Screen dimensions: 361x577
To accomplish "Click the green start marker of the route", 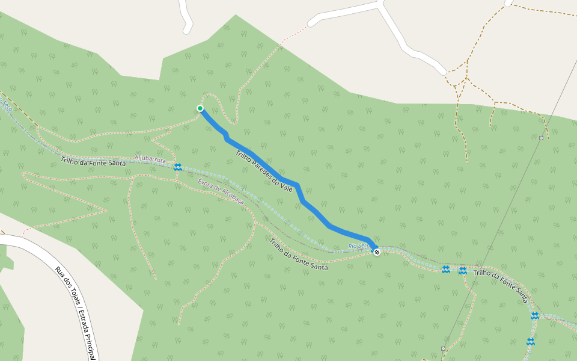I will click(200, 108).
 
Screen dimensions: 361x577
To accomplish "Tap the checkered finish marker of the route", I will click(377, 252).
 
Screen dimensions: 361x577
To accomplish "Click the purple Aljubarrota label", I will click(150, 159).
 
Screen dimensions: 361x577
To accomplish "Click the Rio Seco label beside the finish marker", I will click(358, 245).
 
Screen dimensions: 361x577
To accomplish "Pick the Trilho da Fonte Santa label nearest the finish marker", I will click(299, 255).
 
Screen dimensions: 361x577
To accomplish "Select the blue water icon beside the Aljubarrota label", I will click(178, 167).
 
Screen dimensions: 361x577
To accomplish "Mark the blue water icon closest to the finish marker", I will click(445, 270).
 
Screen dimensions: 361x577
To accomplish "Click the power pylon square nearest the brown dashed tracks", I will click(542, 138).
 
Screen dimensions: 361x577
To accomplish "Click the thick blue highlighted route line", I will click(313, 211).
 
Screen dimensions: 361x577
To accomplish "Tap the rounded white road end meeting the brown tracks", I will click(442, 71).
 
